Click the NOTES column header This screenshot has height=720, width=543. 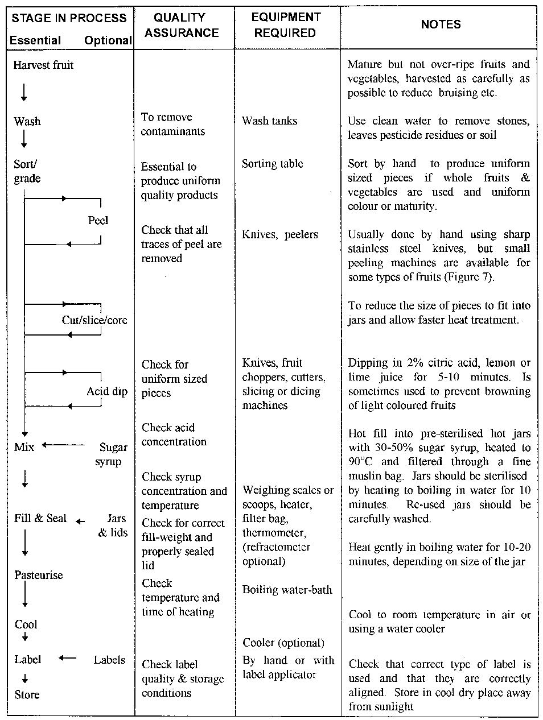point(441,24)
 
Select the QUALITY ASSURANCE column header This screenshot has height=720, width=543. point(182,26)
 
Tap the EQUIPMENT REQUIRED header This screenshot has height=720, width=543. point(285,26)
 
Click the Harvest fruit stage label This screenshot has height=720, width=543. point(43,65)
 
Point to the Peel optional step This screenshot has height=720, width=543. point(98,220)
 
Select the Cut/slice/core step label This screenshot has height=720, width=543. point(94,320)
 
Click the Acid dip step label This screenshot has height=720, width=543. point(107,391)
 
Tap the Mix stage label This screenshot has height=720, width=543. point(24,447)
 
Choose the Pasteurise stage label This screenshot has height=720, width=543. point(39,575)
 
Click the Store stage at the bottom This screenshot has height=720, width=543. point(27,694)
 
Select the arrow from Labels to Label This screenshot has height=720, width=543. point(67,659)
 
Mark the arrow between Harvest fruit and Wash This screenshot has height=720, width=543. point(24,92)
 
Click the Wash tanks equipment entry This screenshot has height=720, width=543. point(269,121)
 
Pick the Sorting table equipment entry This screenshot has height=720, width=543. point(272,164)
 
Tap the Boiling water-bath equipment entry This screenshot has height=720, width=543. point(287,590)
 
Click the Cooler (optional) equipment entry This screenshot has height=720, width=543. point(283,643)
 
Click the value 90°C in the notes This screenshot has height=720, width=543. point(361,462)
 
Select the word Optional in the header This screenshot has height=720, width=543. point(108,40)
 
